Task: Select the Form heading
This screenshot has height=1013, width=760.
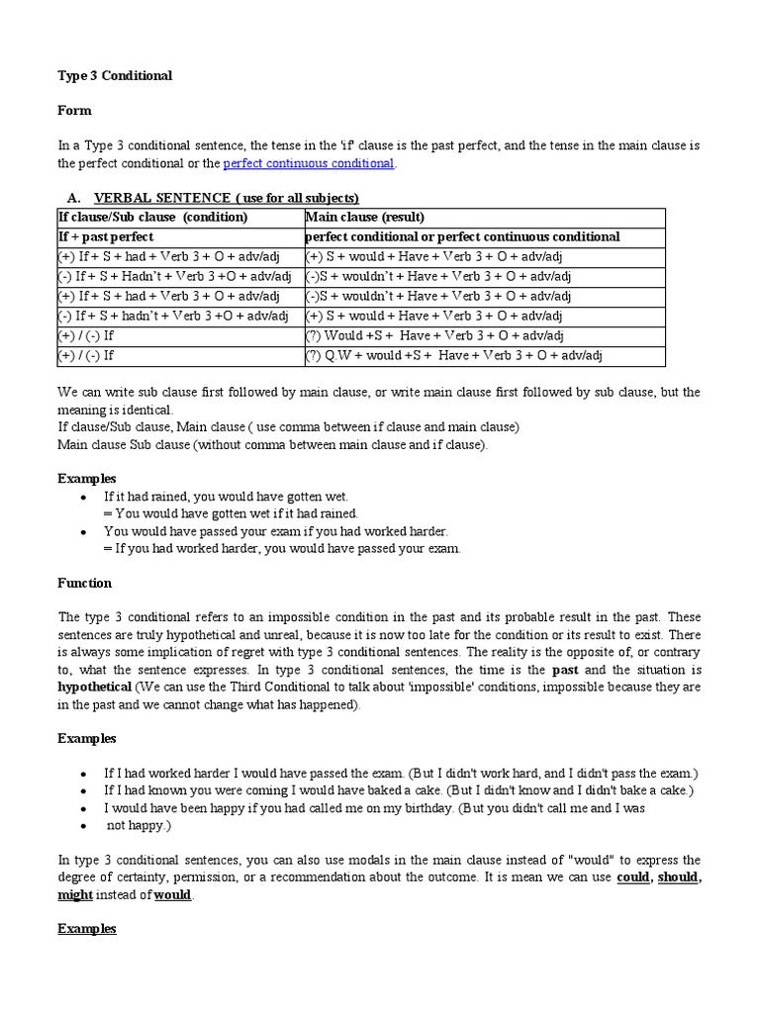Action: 74,111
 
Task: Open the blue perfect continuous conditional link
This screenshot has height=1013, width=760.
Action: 309,163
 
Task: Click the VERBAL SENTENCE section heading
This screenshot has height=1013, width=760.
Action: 226,198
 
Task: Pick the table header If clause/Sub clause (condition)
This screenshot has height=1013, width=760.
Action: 152,217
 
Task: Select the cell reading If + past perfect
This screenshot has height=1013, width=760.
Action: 107,236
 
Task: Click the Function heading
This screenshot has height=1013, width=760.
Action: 85,583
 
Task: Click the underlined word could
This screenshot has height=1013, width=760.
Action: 633,876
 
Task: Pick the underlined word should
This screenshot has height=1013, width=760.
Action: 678,876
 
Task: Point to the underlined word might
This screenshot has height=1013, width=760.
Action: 75,894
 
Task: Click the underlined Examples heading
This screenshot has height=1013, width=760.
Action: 87,929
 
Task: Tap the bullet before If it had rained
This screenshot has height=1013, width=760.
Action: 83,497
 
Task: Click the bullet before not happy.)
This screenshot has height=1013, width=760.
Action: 83,825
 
